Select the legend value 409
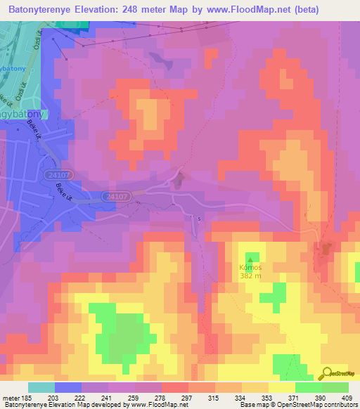(x=347, y=398)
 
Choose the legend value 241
(x=108, y=398)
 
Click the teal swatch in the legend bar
(x=41, y=387)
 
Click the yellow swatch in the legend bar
(x=281, y=387)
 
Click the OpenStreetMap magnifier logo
(x=326, y=375)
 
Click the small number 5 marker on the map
(x=199, y=219)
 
